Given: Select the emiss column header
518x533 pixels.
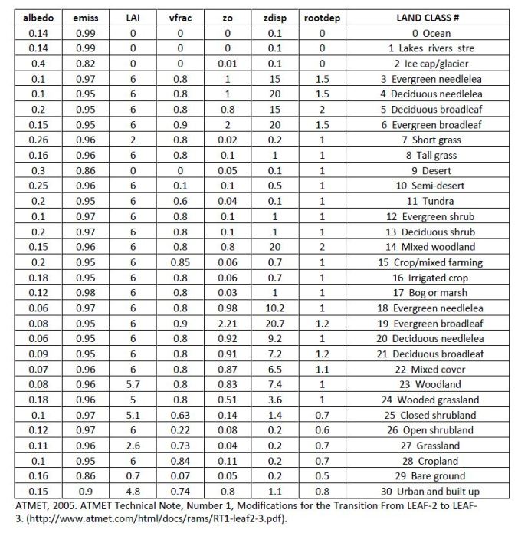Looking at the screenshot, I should click(85, 17).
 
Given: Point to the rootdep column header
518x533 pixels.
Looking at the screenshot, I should click(322, 17).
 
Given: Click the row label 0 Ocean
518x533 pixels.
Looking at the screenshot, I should click(432, 33).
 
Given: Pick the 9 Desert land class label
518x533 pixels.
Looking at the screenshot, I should click(432, 170).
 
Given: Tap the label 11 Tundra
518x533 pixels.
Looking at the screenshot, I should click(432, 201).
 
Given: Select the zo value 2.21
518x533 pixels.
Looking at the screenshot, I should click(228, 323).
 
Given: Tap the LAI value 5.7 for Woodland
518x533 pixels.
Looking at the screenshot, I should click(132, 384).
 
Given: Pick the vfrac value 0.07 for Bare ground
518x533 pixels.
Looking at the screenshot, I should click(180, 475).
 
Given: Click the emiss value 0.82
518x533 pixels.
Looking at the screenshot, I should click(85, 64).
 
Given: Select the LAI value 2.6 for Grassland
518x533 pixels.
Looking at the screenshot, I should click(132, 445).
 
